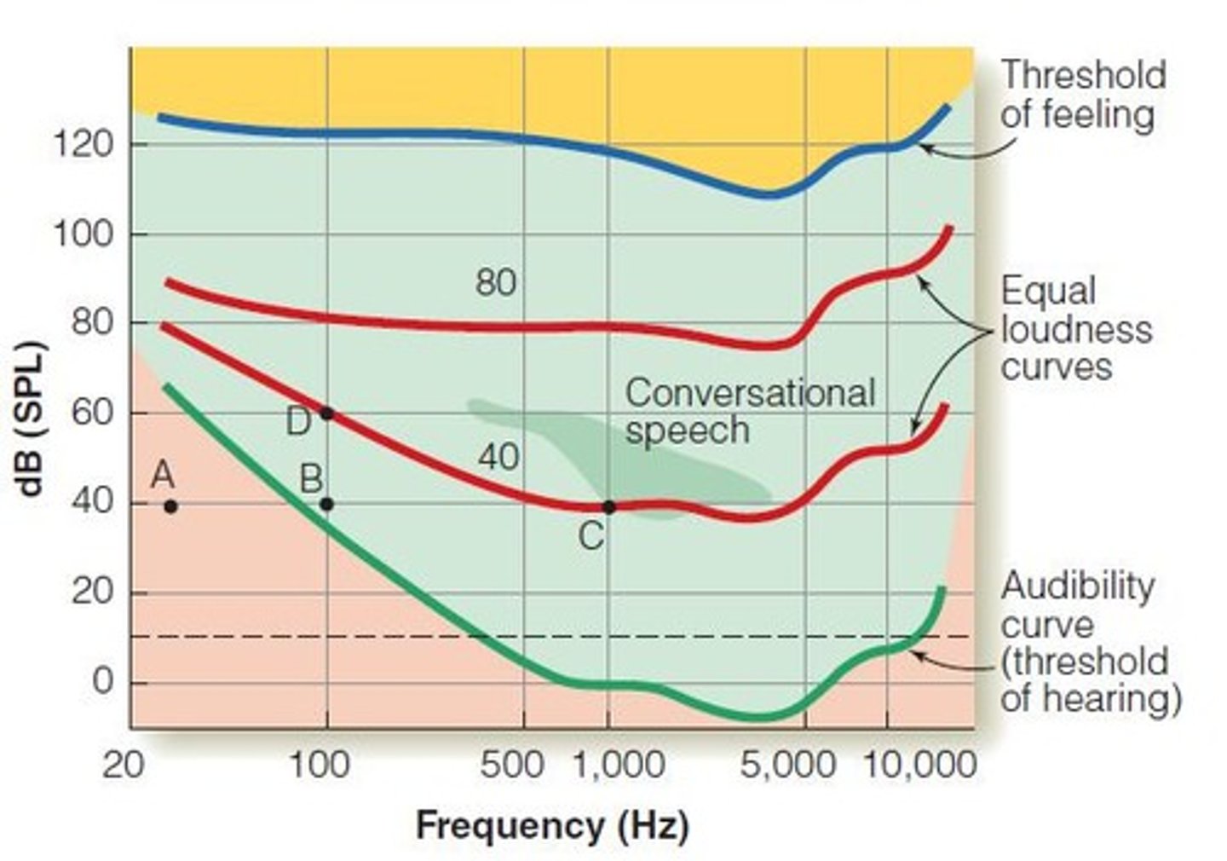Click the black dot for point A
(x=170, y=506)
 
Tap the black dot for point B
(x=326, y=504)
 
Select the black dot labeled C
(x=608, y=507)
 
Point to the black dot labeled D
(x=326, y=413)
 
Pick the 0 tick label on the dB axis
(x=101, y=682)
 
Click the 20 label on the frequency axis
(x=124, y=765)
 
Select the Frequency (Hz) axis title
(x=551, y=825)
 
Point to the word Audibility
(x=1077, y=587)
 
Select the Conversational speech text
(x=749, y=411)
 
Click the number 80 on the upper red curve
(x=496, y=282)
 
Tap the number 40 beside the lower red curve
(x=498, y=458)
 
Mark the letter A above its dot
(x=163, y=474)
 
